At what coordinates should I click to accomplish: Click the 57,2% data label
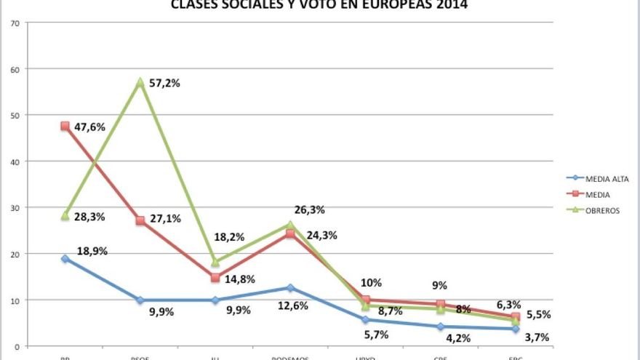point(164,83)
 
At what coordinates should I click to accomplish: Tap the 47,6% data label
point(89,127)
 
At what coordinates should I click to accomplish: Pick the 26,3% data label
point(309,210)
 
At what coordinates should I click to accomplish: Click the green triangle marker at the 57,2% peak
point(140,81)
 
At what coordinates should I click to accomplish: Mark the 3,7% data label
point(536,337)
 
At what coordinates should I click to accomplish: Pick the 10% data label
point(371,283)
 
